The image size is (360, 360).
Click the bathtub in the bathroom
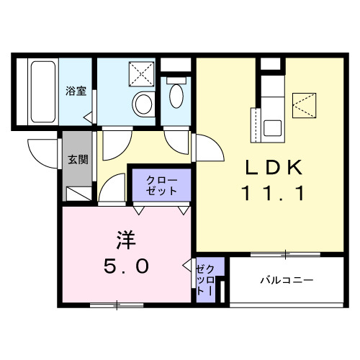[x=42, y=91]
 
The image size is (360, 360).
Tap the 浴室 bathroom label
[x=76, y=91]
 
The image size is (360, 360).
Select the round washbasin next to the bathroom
[x=143, y=104]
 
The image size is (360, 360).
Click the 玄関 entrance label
[x=78, y=160]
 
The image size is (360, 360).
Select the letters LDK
[x=276, y=167]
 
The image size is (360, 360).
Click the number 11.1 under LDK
[x=276, y=193]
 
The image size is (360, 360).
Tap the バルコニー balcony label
[x=287, y=280]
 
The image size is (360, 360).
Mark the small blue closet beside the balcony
[x=204, y=281]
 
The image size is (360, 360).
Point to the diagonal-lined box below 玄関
[x=78, y=193]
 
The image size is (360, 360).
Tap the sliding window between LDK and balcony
[x=284, y=254]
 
